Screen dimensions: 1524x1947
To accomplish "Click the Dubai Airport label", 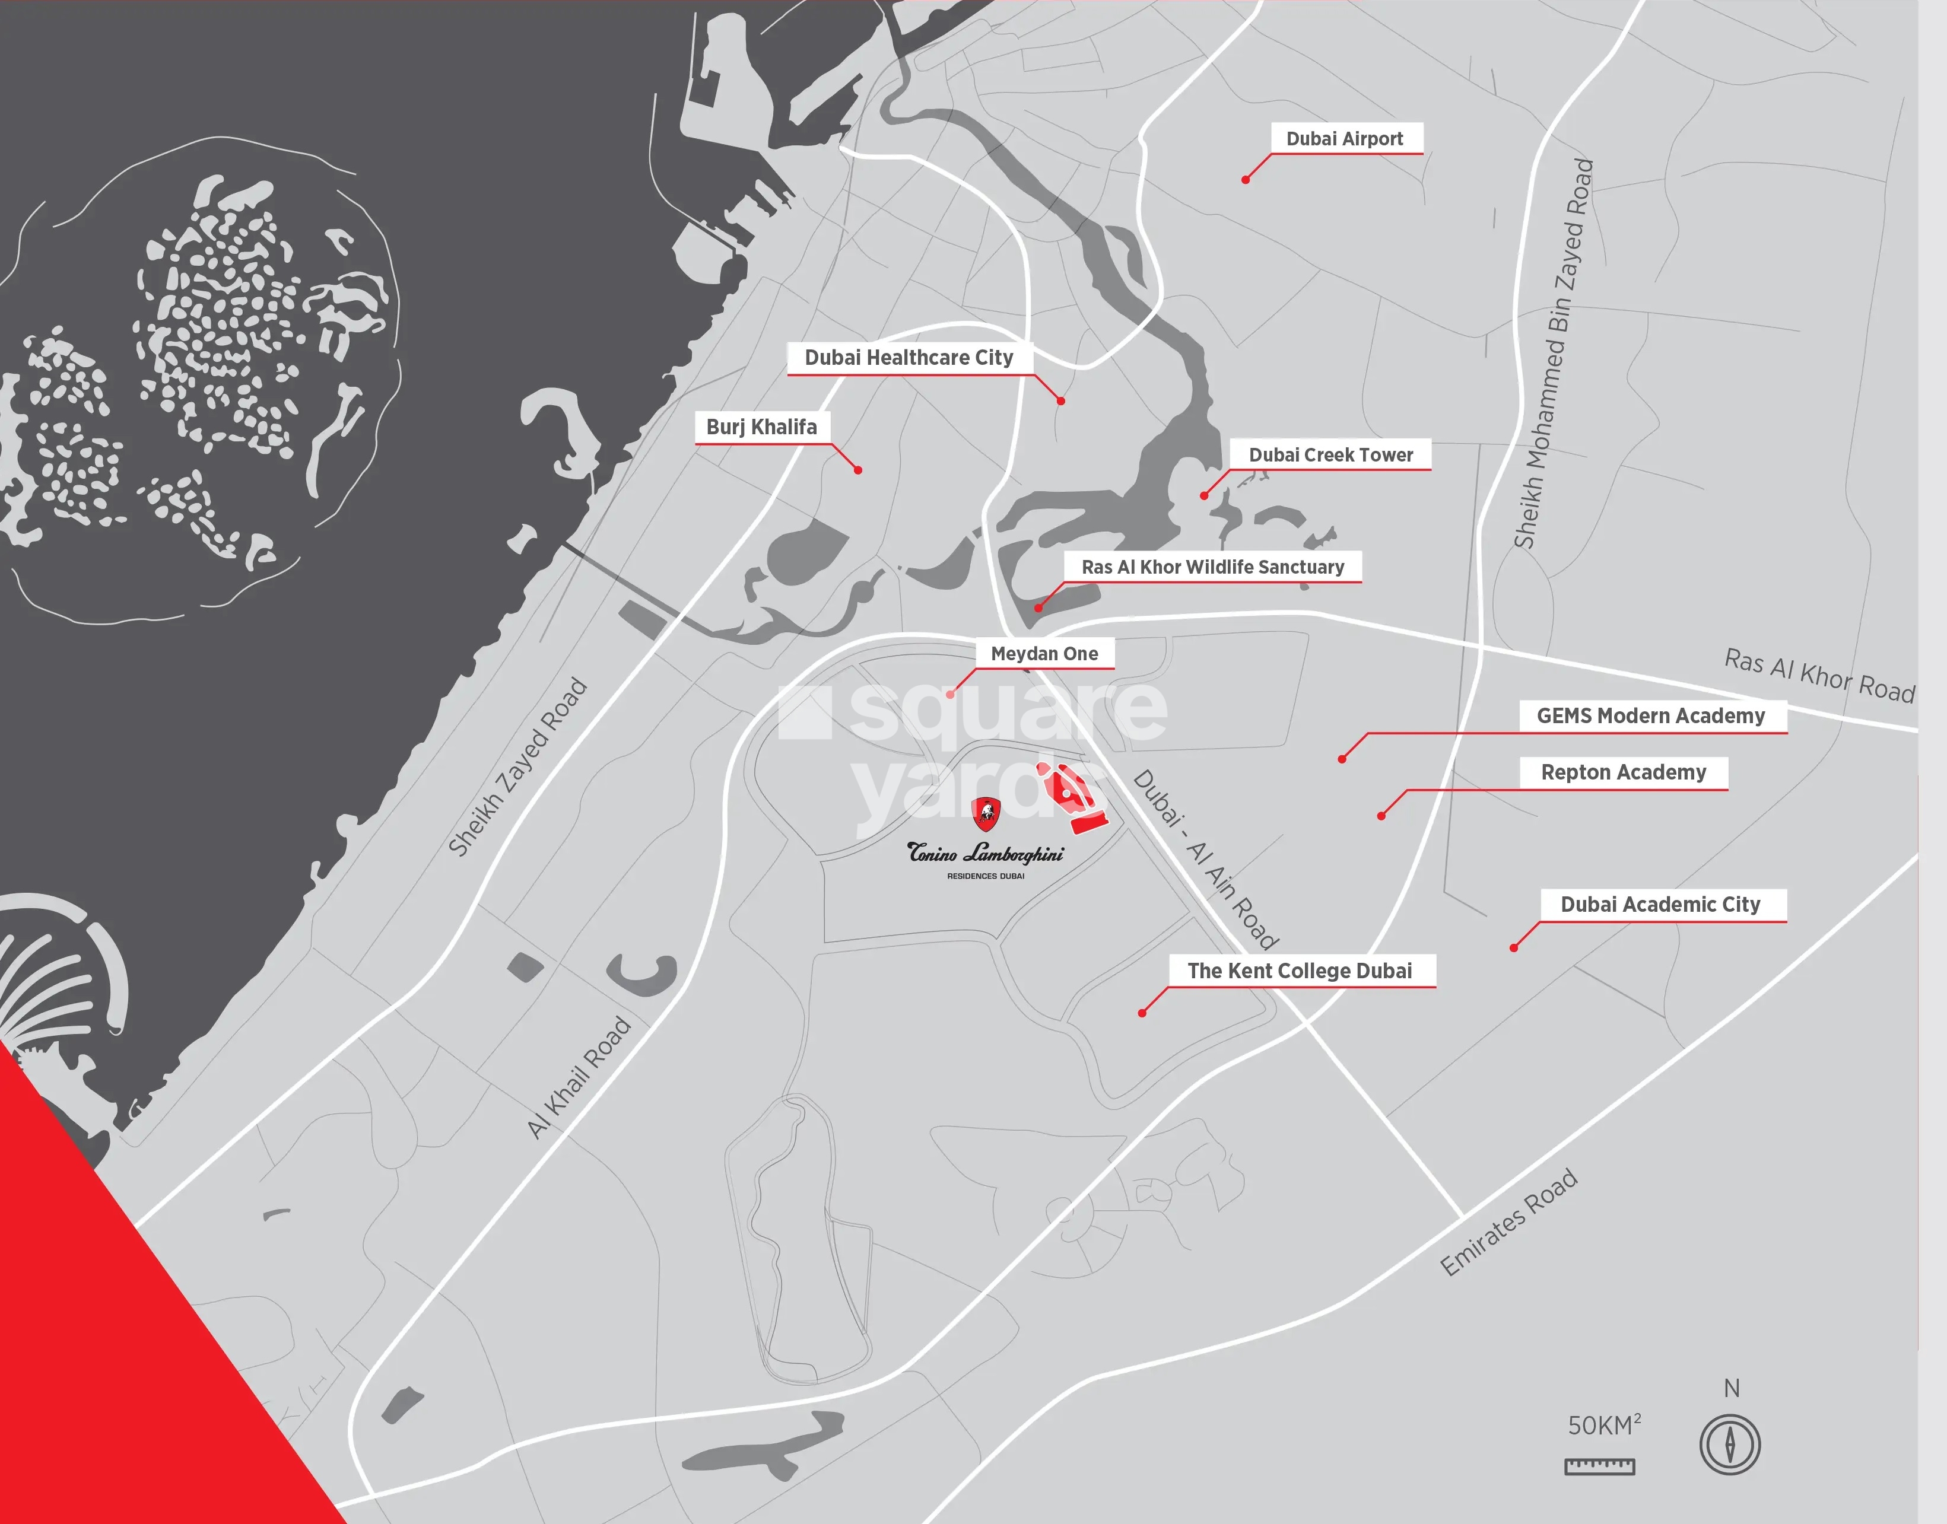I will [1345, 138].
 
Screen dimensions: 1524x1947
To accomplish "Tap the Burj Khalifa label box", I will [761, 427].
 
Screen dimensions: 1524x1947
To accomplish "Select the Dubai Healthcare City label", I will [909, 358].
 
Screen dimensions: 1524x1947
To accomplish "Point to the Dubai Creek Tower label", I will [1330, 454].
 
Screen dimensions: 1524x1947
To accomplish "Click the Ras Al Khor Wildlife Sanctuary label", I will [1212, 567].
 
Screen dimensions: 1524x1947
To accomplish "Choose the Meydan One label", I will [1044, 653].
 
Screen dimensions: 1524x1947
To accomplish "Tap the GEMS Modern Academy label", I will [1651, 715].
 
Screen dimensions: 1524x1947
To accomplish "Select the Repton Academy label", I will [1623, 772].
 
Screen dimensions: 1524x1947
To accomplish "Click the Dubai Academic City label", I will [1660, 904].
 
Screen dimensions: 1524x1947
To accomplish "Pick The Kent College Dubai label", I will [1299, 971].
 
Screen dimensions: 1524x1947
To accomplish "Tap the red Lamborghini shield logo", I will [986, 813].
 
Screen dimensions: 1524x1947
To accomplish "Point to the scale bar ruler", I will [1600, 1466].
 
